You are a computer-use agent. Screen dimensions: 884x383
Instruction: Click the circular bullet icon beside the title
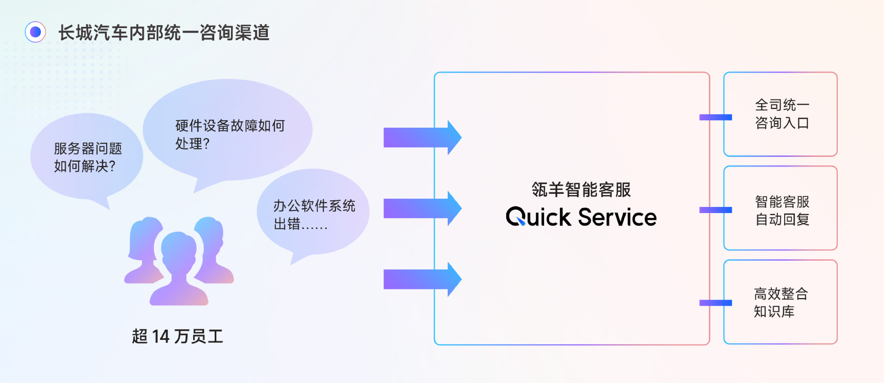pos(35,32)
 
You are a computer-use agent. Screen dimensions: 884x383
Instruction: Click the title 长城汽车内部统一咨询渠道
pos(164,33)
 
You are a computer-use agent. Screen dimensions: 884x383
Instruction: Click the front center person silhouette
pos(179,268)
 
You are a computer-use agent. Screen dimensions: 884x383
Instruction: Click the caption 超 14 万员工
pos(178,336)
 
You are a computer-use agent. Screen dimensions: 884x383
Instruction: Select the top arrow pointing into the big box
pos(422,137)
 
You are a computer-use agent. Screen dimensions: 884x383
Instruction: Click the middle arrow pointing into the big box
pos(422,208)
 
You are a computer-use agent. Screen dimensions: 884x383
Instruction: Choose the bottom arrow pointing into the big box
pos(422,279)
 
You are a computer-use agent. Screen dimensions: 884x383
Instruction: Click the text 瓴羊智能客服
pos(581,190)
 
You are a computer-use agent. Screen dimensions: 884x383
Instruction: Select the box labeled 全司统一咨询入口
pos(780,114)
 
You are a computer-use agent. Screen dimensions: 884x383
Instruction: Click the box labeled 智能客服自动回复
pos(780,208)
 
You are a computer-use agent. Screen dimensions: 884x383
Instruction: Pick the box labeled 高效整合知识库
pos(780,302)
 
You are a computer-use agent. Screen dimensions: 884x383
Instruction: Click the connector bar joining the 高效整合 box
pos(716,303)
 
